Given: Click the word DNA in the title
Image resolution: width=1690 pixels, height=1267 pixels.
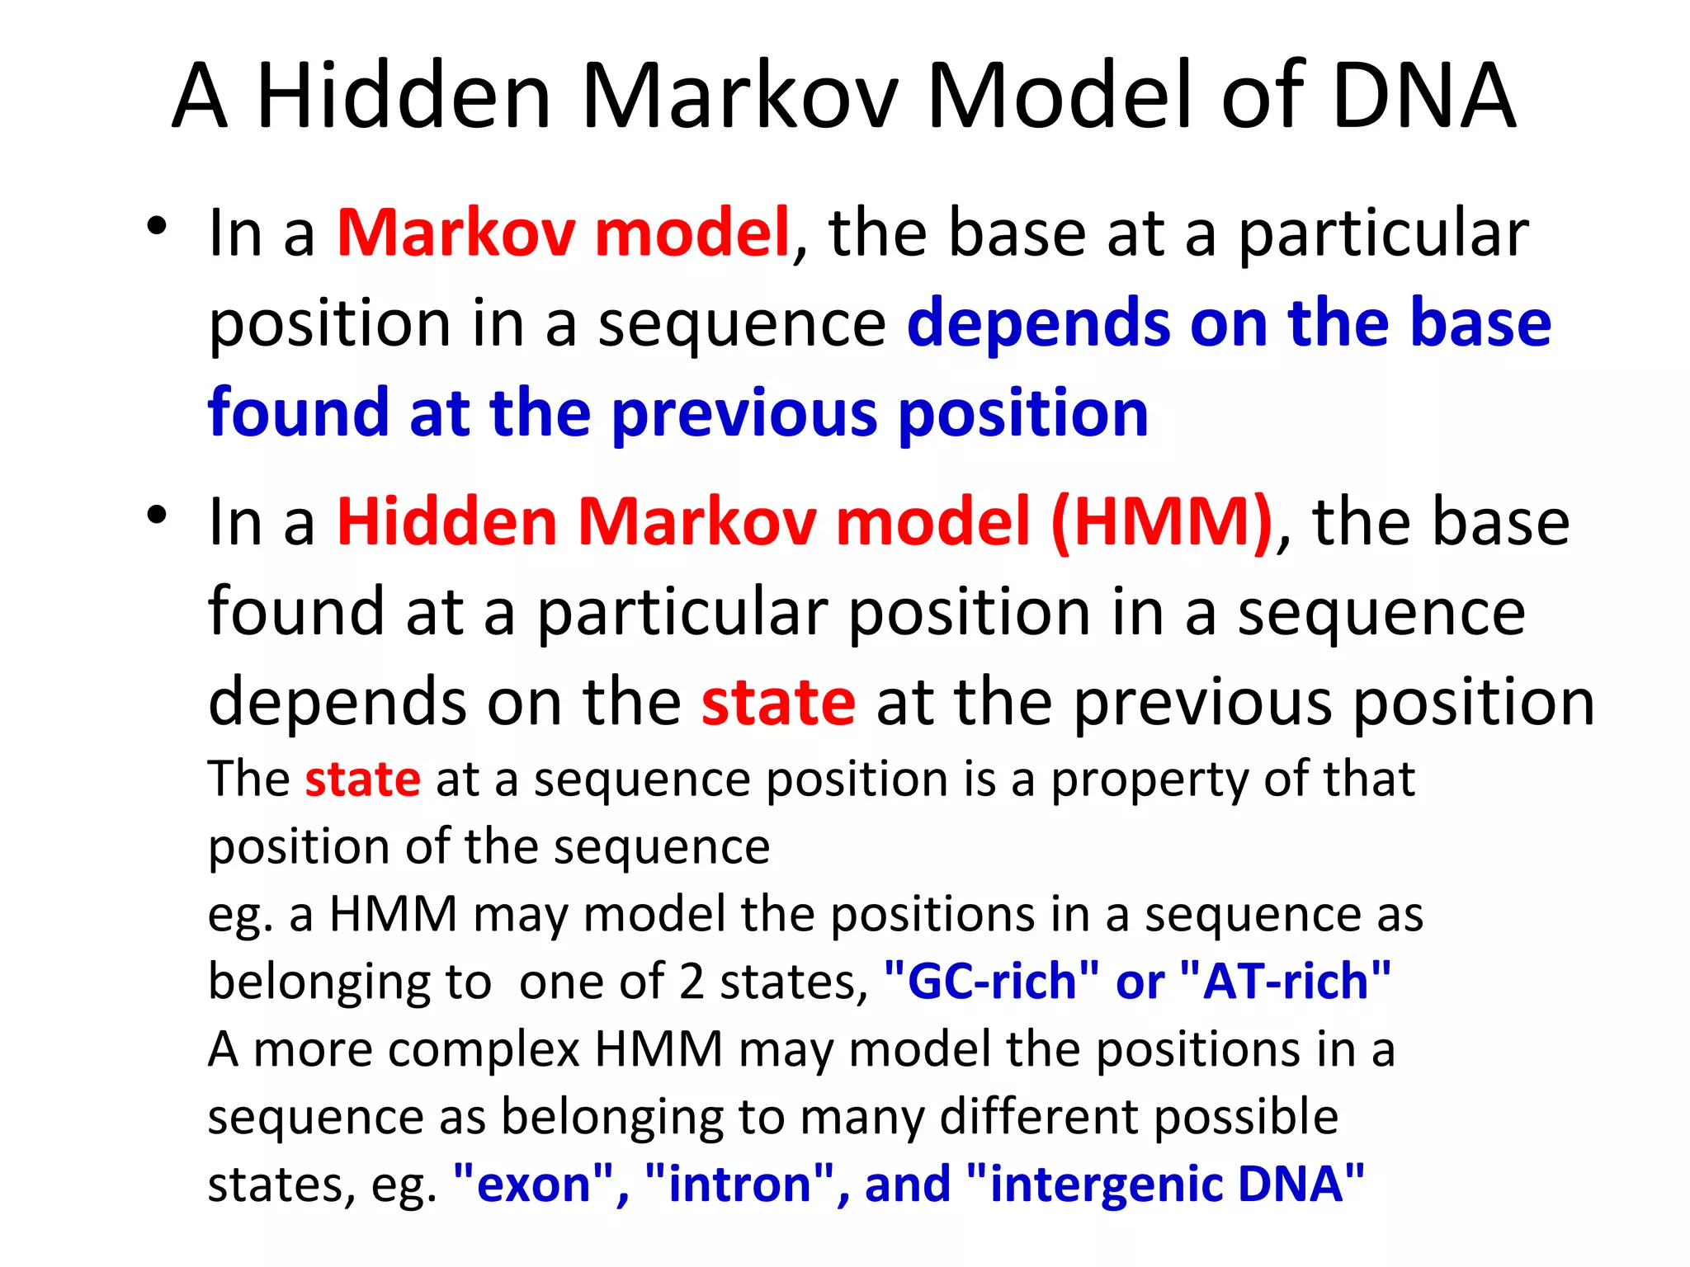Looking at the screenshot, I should pyautogui.click(x=1423, y=97).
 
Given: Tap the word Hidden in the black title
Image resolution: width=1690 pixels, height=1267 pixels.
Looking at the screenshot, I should pyautogui.click(x=404, y=97).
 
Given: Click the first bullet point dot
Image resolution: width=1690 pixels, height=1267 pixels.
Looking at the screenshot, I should pyautogui.click(x=157, y=226).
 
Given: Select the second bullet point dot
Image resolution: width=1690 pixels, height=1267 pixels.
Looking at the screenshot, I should pyautogui.click(x=157, y=515).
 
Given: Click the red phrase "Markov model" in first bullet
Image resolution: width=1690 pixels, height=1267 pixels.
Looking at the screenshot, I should pyautogui.click(x=564, y=233).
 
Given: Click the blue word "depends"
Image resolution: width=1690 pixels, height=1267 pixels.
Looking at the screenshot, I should pyautogui.click(x=1038, y=323).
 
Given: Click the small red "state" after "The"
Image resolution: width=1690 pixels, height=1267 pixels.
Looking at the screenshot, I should pyautogui.click(x=362, y=779).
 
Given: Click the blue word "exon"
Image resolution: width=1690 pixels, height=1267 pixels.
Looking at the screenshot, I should pyautogui.click(x=534, y=1185).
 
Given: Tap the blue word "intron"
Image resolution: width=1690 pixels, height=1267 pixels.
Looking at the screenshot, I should pyautogui.click(x=739, y=1185).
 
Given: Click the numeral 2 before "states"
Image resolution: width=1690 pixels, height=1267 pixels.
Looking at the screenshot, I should pyautogui.click(x=692, y=982).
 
